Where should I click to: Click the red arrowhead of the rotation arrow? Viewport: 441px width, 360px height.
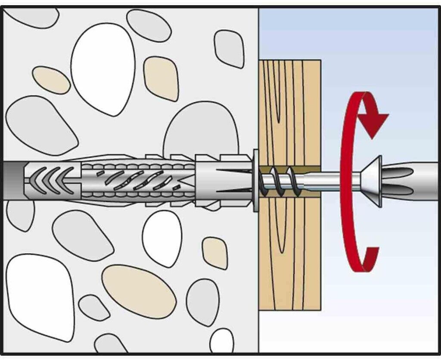click(x=373, y=122)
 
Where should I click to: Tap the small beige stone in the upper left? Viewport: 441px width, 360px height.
click(x=51, y=80)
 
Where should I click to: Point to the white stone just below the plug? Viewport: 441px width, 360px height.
click(x=162, y=238)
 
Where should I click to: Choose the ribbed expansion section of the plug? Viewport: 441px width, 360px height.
click(x=138, y=179)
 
